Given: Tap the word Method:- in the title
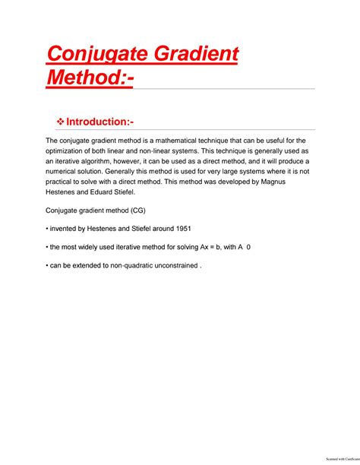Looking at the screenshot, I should [89, 77].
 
